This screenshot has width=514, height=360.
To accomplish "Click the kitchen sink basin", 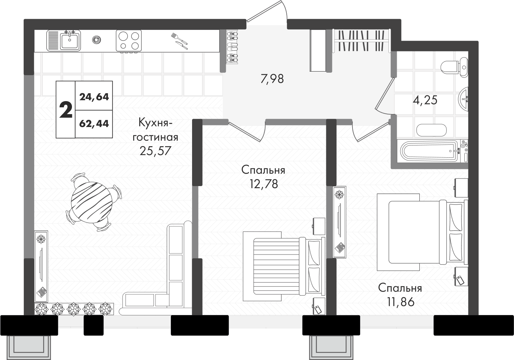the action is pos(70,41).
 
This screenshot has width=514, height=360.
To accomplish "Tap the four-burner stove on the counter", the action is pos(128,41).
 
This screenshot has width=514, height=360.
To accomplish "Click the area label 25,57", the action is pos(155,151).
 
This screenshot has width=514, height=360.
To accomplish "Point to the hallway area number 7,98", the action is pos(272,79).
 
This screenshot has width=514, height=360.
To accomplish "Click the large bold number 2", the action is pos(66,110).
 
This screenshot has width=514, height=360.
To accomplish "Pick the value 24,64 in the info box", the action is pos(94,97).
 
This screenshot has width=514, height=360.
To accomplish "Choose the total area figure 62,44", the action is pos(94,124).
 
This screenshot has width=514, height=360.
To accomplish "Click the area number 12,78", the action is pos(264,184).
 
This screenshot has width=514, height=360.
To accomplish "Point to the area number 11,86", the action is pos(401,302).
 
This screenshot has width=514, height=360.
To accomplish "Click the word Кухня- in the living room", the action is pos(155,123).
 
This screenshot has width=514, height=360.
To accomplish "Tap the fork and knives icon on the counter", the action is pos(179,41).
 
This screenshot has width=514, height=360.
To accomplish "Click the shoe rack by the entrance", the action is pos(232,47).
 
